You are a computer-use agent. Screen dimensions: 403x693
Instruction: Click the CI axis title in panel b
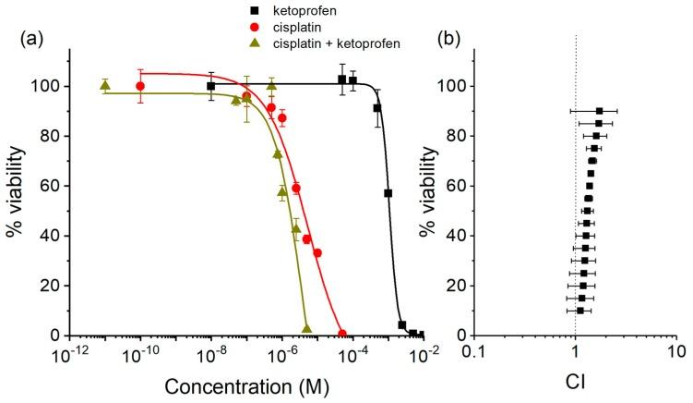click(575, 380)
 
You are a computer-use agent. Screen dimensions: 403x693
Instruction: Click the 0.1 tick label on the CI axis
click(473, 354)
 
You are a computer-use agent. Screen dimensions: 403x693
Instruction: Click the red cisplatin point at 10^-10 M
click(140, 86)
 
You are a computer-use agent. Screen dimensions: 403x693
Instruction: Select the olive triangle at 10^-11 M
click(104, 86)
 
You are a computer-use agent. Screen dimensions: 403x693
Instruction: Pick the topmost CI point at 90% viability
click(599, 111)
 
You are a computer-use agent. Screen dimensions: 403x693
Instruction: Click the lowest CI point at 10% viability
click(579, 311)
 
